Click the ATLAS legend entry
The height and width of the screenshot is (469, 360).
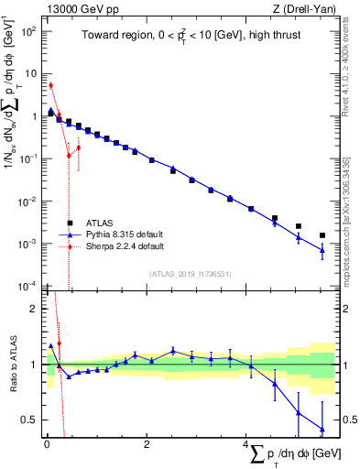click(x=99, y=223)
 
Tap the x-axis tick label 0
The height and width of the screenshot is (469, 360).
click(x=46, y=444)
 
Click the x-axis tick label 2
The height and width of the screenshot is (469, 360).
click(x=147, y=444)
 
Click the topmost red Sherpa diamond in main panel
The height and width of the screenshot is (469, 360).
click(x=50, y=85)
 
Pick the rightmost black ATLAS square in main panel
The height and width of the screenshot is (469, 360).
click(x=322, y=235)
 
